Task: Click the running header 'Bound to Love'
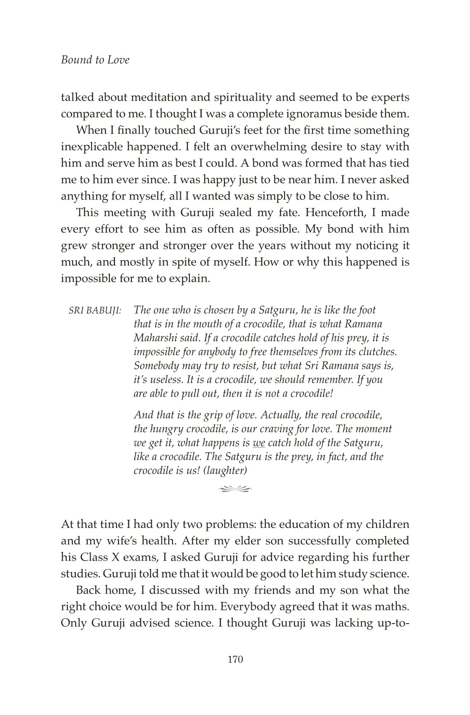[x=95, y=60]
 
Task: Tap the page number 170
[x=235, y=659]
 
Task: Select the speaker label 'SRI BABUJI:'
[x=95, y=311]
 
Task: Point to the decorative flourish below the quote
[x=235, y=487]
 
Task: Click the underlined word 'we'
[x=259, y=442]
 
